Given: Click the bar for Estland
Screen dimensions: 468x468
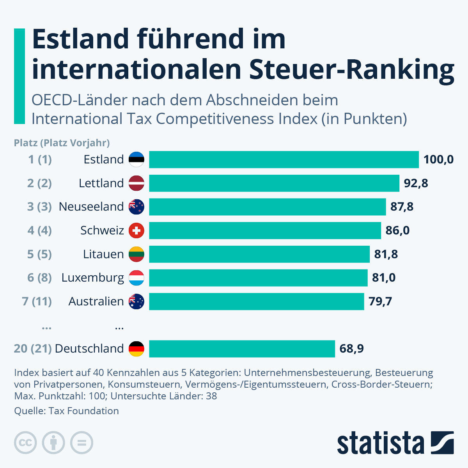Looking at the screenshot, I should click(284, 160).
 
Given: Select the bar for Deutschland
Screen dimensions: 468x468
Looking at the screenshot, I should click(242, 349).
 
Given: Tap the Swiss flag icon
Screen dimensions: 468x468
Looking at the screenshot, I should click(136, 230).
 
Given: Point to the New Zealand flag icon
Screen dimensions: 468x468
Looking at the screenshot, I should click(136, 207).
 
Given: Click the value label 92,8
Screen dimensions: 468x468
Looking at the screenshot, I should click(416, 183).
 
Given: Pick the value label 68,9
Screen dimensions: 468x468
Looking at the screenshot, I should click(351, 349).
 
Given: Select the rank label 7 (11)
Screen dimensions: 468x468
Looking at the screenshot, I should click(37, 301).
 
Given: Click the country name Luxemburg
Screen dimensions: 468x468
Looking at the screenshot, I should click(93, 278).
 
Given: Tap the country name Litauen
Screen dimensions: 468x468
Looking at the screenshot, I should click(103, 254).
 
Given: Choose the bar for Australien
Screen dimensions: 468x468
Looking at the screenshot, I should click(256, 301).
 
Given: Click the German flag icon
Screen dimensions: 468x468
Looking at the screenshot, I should click(136, 349).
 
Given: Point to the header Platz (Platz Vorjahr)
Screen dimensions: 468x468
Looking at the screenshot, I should click(62, 143).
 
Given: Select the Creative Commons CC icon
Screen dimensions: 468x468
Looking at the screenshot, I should click(25, 443).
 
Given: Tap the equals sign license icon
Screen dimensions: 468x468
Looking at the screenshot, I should click(82, 443).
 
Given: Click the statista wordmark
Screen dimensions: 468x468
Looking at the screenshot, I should click(380, 443).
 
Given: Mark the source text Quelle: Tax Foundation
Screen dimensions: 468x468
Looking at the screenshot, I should click(66, 411).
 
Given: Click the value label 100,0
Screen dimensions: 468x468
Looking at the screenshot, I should click(438, 160).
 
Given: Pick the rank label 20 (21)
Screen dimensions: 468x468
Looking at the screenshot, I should click(33, 349).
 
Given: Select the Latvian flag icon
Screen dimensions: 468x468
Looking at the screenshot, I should click(136, 183).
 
